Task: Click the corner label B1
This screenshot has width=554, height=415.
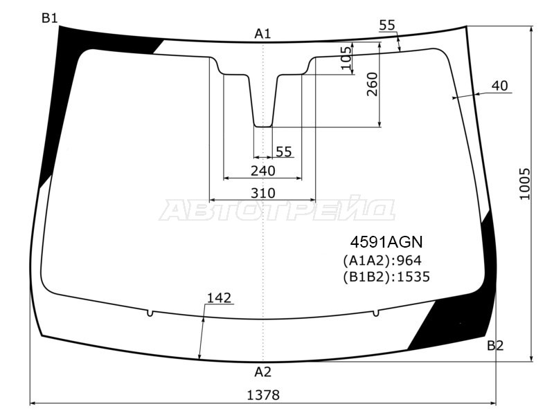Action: pos(50,18)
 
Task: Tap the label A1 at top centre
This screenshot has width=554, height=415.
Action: pos(262,34)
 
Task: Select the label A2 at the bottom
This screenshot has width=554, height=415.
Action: pos(263,371)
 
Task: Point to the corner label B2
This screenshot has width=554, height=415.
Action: pos(495,345)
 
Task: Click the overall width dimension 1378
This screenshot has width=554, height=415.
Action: pos(263,395)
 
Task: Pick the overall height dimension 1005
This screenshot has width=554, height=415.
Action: pos(524,184)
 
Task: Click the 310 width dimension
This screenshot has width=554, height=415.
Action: pos(263,193)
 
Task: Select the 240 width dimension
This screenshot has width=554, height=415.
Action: pos(263,171)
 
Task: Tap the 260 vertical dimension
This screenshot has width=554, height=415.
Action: pos(372,84)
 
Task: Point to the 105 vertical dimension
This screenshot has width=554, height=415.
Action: pos(347,58)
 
